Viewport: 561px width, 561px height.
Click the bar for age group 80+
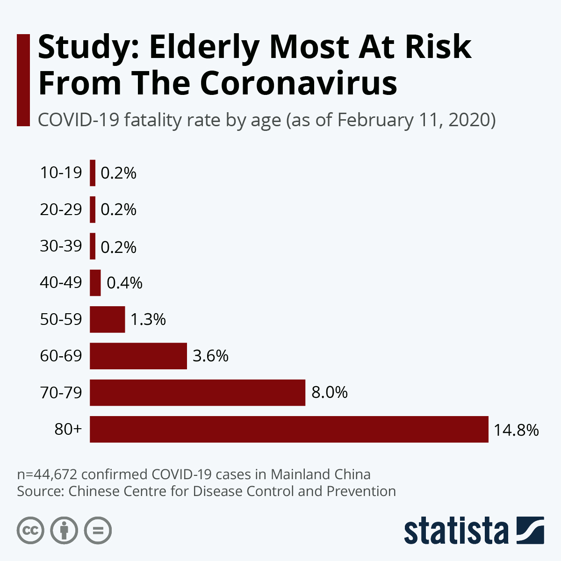pos(289,429)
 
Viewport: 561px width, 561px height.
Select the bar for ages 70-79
pos(197,393)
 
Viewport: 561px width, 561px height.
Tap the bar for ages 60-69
pos(138,356)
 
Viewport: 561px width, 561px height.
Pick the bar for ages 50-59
pos(108,319)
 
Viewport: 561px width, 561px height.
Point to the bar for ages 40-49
pos(95,283)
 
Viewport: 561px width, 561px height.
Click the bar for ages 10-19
pos(93,173)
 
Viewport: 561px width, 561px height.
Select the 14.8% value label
pos(516,430)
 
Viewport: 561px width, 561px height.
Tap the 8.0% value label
pos(330,393)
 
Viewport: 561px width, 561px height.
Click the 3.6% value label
pos(210,356)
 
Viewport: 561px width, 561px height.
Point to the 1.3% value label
pos(148,320)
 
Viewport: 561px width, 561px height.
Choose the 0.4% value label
pos(124,283)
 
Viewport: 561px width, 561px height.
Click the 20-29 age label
pos(61,209)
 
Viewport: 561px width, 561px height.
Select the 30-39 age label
pos(61,246)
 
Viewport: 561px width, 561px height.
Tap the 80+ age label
pos(68,429)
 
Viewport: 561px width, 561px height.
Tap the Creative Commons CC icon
pos(30,531)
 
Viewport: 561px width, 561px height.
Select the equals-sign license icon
pos(98,531)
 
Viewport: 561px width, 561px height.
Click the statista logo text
pos(456,531)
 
